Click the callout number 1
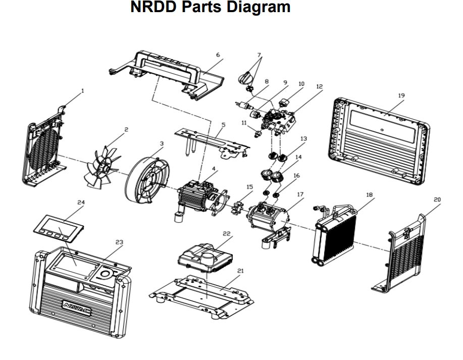click(x=82, y=91)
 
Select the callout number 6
click(x=218, y=55)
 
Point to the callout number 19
click(x=401, y=95)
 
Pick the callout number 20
click(x=437, y=200)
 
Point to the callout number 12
click(x=319, y=86)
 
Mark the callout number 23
click(x=119, y=242)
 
